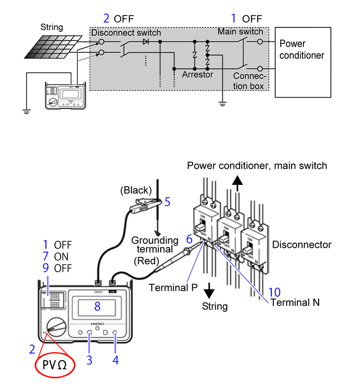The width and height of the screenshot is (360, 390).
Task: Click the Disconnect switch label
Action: pyautogui.click(x=126, y=32)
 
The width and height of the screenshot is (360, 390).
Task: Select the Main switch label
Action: pyautogui.click(x=240, y=31)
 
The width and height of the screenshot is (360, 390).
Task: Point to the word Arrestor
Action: pyautogui.click(x=198, y=75)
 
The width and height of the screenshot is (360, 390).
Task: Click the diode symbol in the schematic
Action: pyautogui.click(x=145, y=42)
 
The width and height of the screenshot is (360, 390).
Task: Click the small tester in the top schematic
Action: pyautogui.click(x=66, y=96)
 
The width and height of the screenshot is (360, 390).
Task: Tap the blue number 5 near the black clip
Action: pyautogui.click(x=167, y=202)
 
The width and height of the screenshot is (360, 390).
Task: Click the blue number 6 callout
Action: pyautogui.click(x=189, y=239)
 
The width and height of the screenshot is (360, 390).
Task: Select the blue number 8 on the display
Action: pyautogui.click(x=97, y=306)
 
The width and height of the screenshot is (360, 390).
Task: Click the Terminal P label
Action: pyautogui.click(x=173, y=287)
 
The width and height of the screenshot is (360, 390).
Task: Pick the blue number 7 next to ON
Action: pyautogui.click(x=45, y=256)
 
